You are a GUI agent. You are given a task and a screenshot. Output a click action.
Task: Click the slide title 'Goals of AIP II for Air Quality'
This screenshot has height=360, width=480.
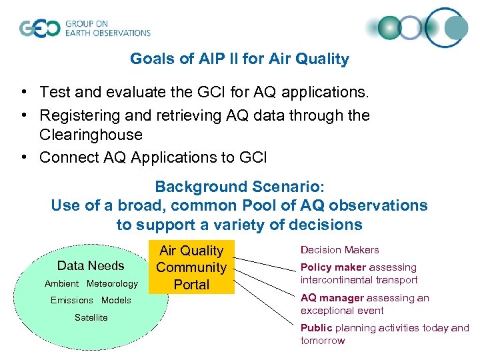click(239, 59)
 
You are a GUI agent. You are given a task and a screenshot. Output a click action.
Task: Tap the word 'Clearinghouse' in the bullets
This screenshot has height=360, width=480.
click(91, 135)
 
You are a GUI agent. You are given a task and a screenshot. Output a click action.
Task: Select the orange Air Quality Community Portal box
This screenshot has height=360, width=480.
click(191, 267)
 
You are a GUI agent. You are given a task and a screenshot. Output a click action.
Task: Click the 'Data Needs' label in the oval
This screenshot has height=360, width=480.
click(91, 265)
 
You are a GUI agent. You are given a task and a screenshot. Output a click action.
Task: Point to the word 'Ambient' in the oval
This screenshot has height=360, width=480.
click(61, 284)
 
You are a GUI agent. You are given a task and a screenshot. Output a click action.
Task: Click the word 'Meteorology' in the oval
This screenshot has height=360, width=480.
click(112, 284)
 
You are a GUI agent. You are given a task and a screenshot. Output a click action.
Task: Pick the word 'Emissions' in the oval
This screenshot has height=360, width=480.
click(72, 300)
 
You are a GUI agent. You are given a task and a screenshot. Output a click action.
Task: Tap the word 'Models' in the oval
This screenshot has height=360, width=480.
click(116, 300)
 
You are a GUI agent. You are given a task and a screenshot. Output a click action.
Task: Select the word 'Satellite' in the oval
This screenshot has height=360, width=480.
click(91, 317)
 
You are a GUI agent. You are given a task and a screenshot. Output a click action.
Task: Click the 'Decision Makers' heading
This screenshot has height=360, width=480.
click(339, 250)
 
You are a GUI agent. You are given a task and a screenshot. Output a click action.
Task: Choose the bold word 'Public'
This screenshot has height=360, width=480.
click(316, 328)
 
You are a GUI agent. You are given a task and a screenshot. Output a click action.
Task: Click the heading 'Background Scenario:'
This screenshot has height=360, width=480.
click(239, 187)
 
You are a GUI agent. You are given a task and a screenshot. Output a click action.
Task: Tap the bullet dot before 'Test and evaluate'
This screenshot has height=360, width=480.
click(23, 91)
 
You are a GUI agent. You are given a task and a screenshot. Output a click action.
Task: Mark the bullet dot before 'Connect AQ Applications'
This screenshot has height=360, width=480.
click(23, 158)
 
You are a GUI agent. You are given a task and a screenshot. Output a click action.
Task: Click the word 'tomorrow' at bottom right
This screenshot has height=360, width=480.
click(323, 341)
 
